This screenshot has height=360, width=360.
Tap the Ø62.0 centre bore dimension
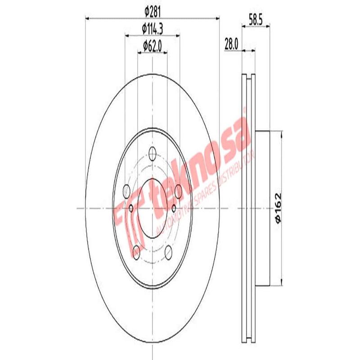[x=152, y=45]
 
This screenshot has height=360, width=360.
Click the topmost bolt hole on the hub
[x=152, y=154]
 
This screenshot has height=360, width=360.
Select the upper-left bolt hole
[x=126, y=190]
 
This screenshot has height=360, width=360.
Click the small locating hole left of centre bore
[x=131, y=208]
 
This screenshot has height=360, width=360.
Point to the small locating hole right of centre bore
[x=174, y=208]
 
